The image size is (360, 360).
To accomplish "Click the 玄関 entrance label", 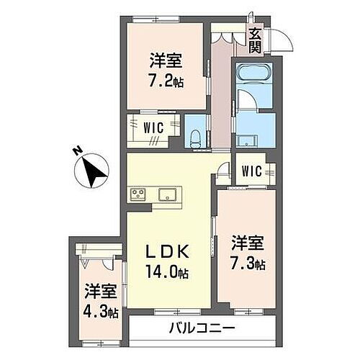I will click(256, 39).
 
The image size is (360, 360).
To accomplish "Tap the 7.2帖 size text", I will click(167, 81).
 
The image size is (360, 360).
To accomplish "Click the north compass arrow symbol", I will click(91, 171).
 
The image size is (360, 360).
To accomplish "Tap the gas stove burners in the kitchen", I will click(138, 193).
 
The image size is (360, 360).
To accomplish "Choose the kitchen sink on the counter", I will click(169, 193).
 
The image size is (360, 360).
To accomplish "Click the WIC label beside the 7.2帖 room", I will click(154, 127).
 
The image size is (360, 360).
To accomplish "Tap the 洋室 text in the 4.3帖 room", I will click(99, 292).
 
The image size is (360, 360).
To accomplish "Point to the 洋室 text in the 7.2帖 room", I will click(166, 60).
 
